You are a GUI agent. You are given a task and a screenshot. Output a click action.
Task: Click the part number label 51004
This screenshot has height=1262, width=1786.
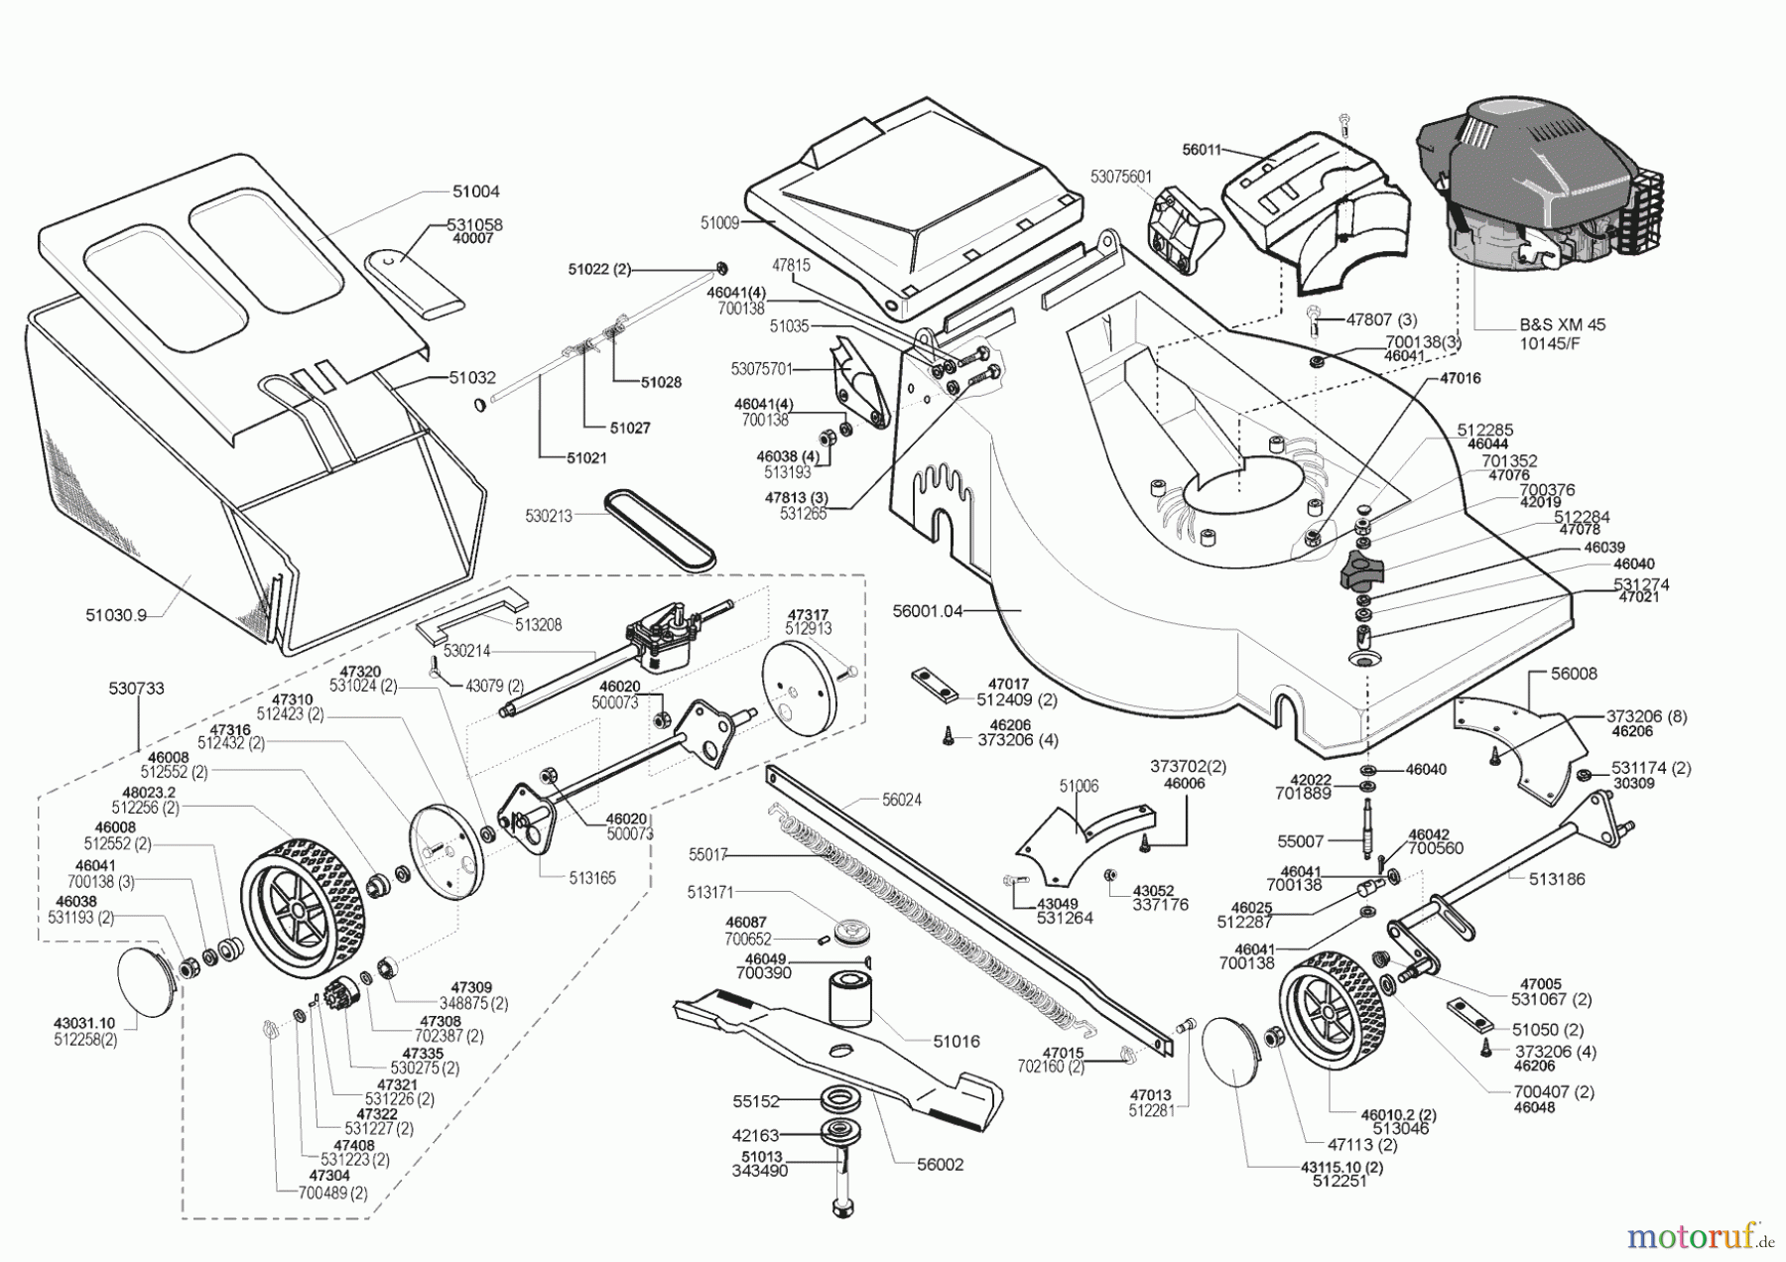point(477,191)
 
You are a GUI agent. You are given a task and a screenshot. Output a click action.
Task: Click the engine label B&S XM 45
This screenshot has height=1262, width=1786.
point(1563,324)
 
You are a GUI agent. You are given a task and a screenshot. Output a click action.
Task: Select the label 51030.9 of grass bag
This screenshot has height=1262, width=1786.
point(115,615)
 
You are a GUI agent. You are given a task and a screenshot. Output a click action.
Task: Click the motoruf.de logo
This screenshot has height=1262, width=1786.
point(1700,1236)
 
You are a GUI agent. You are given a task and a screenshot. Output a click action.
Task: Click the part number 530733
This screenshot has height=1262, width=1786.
point(137,688)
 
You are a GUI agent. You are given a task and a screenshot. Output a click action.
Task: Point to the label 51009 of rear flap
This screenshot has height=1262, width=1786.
point(719,223)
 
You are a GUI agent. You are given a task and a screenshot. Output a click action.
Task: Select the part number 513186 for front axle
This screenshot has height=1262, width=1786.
point(1558,878)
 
